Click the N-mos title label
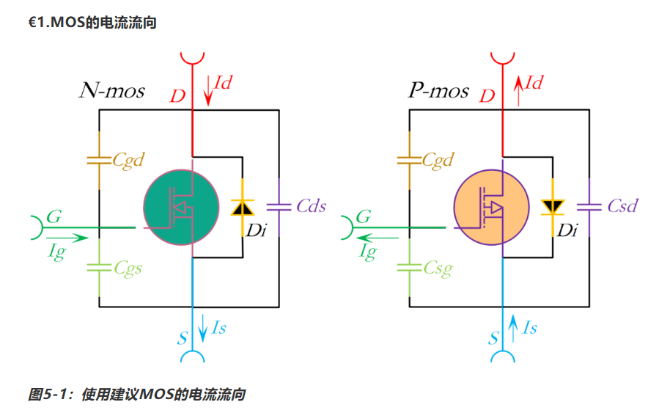coord(112,91)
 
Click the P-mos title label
coord(438,91)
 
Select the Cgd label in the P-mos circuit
coord(438,159)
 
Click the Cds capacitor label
coord(311,205)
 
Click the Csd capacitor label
coord(622,205)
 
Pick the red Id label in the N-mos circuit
coord(222,82)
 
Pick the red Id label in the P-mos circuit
coord(533,82)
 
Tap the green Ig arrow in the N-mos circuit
coord(67,238)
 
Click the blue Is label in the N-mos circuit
coord(218,328)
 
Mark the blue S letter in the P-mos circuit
coord(493,339)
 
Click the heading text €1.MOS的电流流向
coord(92,23)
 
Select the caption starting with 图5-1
coord(136,395)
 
